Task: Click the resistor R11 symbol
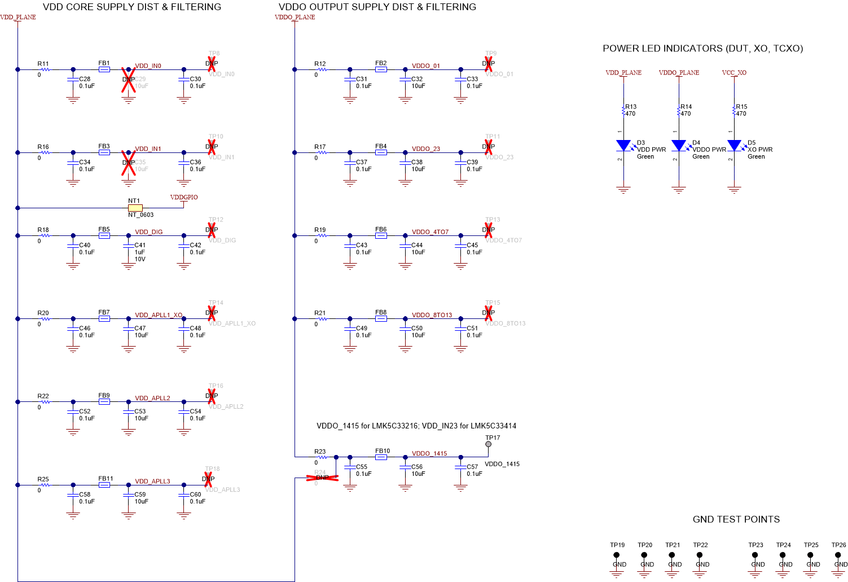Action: coord(45,69)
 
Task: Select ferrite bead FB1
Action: coord(104,69)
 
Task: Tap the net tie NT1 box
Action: coord(135,208)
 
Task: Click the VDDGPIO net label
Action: coord(184,198)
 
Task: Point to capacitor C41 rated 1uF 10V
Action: coord(129,246)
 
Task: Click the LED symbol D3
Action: coord(623,146)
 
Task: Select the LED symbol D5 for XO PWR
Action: coord(734,146)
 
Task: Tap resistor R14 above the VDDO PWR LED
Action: coord(679,111)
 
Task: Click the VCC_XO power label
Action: coord(734,73)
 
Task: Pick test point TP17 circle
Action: coord(489,444)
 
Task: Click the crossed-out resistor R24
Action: coord(322,478)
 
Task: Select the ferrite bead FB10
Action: coord(381,457)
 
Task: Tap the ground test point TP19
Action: coord(617,555)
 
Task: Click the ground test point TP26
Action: coord(838,555)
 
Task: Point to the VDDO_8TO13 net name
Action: coord(432,315)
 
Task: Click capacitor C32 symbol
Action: coord(405,80)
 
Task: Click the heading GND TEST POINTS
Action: coord(736,519)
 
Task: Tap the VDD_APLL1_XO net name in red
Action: coord(159,315)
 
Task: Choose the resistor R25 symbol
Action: coord(45,485)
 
